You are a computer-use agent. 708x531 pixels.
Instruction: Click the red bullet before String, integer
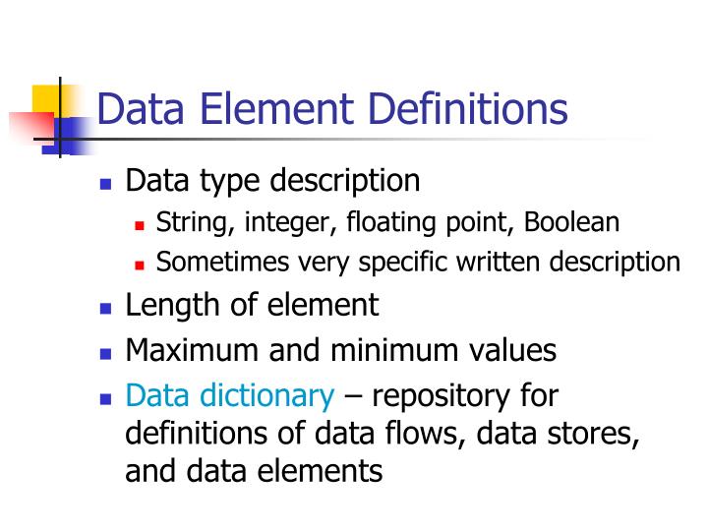pos(140,224)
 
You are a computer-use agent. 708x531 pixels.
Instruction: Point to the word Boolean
pos(571,222)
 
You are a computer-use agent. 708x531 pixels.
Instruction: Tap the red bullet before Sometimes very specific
pos(140,265)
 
